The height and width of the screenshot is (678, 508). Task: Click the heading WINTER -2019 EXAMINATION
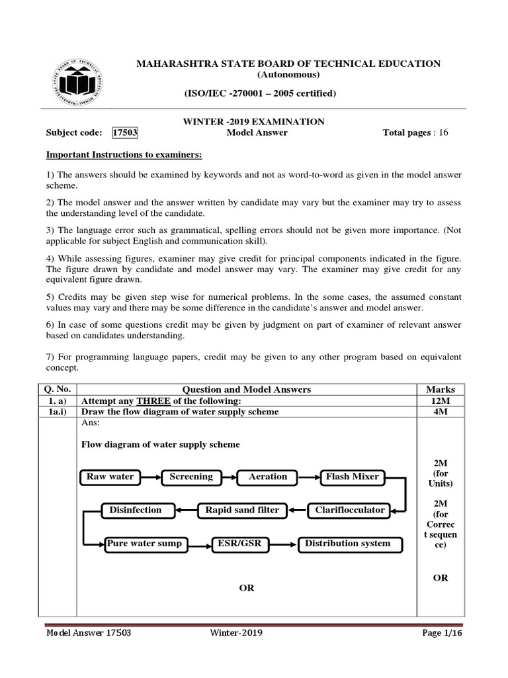(x=253, y=121)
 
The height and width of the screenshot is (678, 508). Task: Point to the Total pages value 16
(x=442, y=132)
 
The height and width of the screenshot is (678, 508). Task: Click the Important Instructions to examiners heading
(x=124, y=155)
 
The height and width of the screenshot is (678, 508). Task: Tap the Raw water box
(x=110, y=477)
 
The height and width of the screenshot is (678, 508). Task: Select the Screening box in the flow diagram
(x=191, y=477)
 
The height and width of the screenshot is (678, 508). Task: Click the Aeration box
(x=268, y=477)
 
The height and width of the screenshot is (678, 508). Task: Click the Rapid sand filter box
(x=242, y=510)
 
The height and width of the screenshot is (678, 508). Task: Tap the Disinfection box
(x=132, y=510)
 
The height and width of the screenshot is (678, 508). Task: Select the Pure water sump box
(x=144, y=544)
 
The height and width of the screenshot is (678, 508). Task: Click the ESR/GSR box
(x=239, y=544)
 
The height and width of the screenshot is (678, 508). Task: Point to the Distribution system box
(x=347, y=544)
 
